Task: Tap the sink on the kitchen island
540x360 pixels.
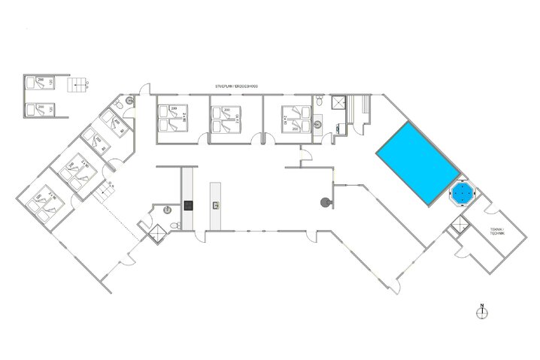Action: pyautogui.click(x=216, y=204)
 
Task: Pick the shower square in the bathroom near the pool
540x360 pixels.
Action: pyautogui.click(x=339, y=102)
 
